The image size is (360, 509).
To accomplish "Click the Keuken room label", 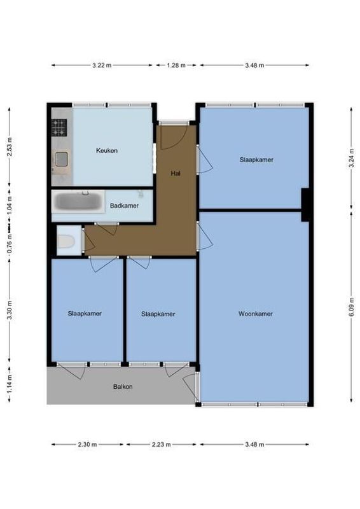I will pyautogui.click(x=107, y=150).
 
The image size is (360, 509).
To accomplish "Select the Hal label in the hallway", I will pyautogui.click(x=176, y=173).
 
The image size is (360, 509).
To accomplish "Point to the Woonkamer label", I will pyautogui.click(x=256, y=314).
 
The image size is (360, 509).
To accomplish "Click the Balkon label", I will pyautogui.click(x=123, y=386).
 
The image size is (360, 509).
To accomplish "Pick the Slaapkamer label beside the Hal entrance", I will pyautogui.click(x=256, y=160).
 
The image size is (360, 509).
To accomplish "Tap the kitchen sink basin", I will pyautogui.click(x=62, y=159).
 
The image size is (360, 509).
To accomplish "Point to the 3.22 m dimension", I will pyautogui.click(x=102, y=65).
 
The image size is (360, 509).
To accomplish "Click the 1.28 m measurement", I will pyautogui.click(x=176, y=65).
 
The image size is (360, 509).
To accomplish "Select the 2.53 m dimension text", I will pyautogui.click(x=9, y=147).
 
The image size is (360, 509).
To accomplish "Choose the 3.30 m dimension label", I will pyautogui.click(x=9, y=311).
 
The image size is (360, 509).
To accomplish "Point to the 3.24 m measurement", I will pyautogui.click(x=351, y=158).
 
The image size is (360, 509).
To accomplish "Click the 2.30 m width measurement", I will pyautogui.click(x=88, y=445).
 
